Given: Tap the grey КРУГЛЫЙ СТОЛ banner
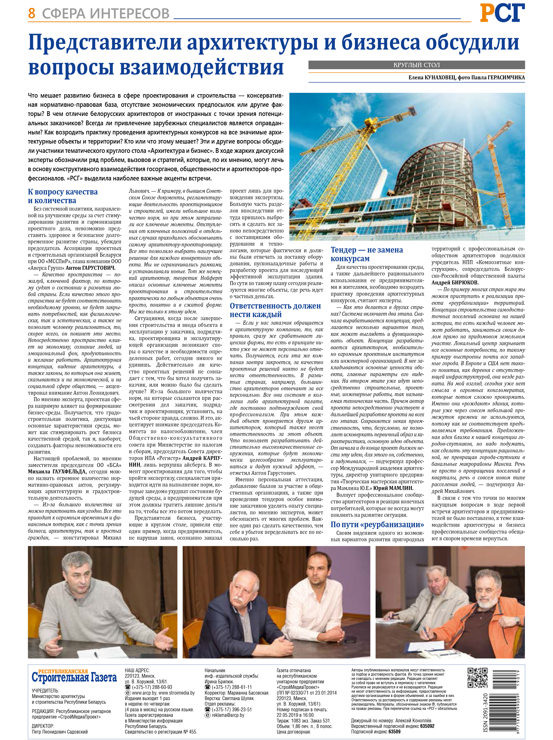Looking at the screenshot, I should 416,65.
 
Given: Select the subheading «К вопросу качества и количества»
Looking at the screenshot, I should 63,196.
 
